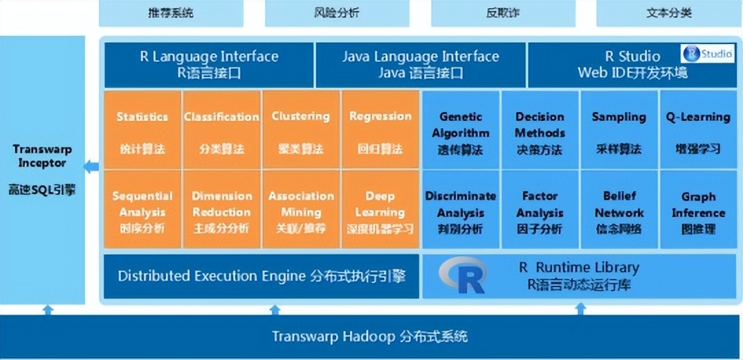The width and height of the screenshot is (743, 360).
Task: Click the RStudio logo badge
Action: pos(707,54)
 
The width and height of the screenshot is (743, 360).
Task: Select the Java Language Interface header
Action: pos(420,64)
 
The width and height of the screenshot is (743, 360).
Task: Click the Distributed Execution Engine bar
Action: pos(261,276)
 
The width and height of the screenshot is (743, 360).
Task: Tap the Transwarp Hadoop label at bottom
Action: pos(370,337)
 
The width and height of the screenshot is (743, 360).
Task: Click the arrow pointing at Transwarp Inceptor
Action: pos(91,165)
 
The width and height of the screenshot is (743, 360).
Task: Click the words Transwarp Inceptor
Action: pos(42,157)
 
